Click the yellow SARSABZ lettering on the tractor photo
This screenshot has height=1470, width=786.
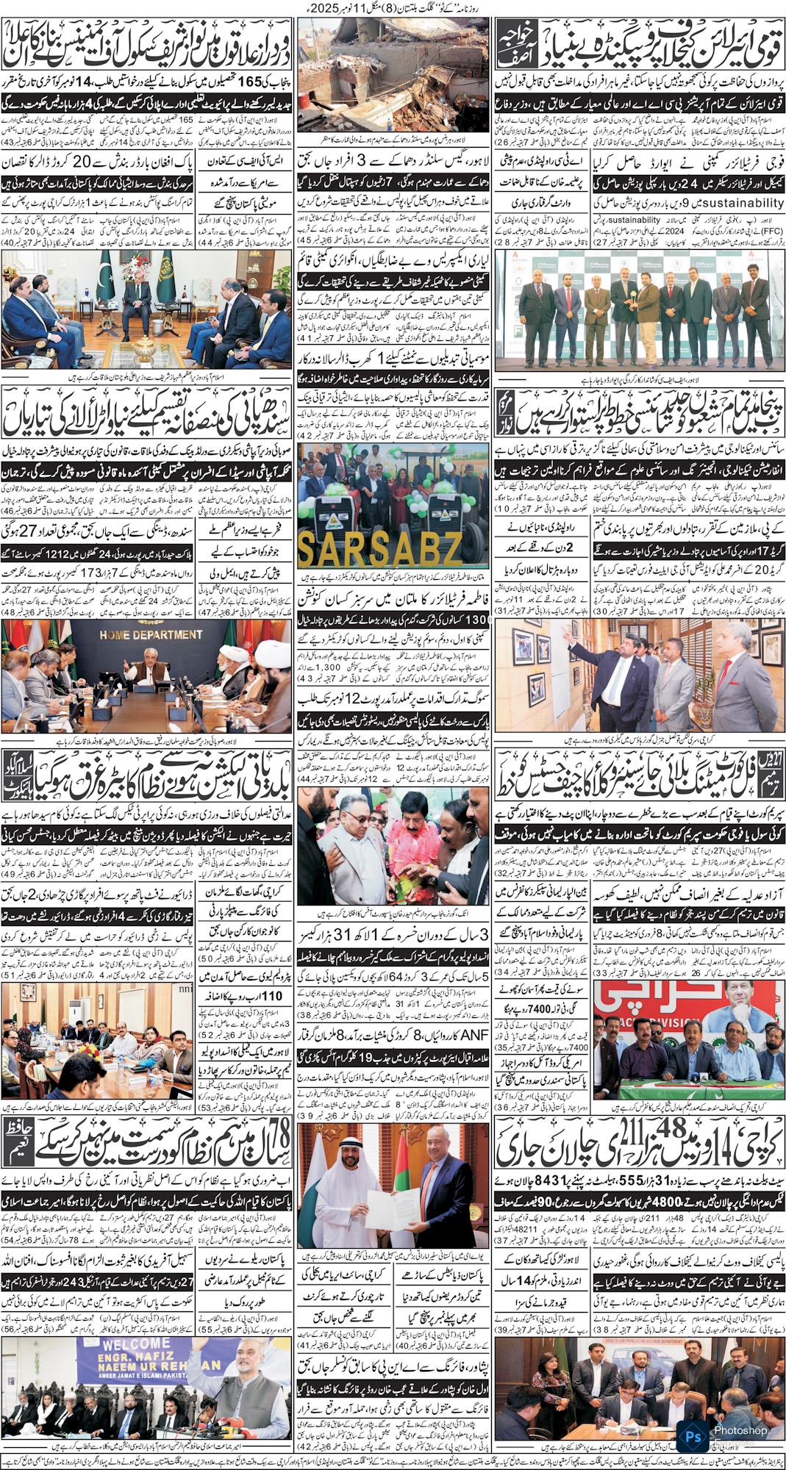click(x=379, y=547)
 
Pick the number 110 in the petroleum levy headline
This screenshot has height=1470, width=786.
click(x=272, y=996)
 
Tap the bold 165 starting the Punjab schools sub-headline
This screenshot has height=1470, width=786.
click(x=251, y=82)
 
